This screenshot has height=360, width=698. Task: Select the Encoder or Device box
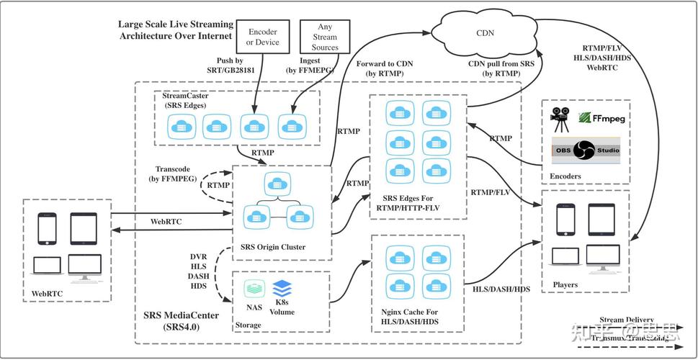pyautogui.click(x=262, y=37)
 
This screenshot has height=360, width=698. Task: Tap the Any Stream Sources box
pyautogui.click(x=325, y=37)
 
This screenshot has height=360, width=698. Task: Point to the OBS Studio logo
pyautogui.click(x=585, y=150)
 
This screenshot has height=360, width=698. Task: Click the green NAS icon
pyautogui.click(x=253, y=289)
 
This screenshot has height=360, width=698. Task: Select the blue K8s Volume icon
pyautogui.click(x=282, y=288)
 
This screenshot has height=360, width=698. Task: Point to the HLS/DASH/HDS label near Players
pyautogui.click(x=501, y=289)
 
